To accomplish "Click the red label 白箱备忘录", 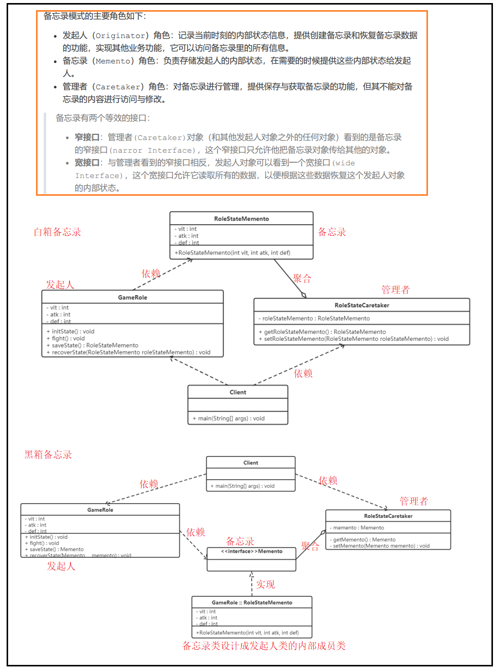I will pyautogui.click(x=57, y=232).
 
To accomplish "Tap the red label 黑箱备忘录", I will pyautogui.click(x=48, y=455).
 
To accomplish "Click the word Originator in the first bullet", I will pyautogui.click(x=120, y=36).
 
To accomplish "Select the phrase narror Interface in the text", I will pyautogui.click(x=152, y=150).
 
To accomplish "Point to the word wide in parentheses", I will pyautogui.click(x=345, y=163).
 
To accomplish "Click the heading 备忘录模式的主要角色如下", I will pyautogui.click(x=94, y=16).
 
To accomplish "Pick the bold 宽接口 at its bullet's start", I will pyautogui.click(x=87, y=163).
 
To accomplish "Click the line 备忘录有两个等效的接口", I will pyautogui.click(x=103, y=118).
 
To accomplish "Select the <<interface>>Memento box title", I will pyautogui.click(x=251, y=551).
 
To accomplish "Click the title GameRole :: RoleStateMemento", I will pyautogui.click(x=252, y=603).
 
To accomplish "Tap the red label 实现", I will pyautogui.click(x=266, y=585).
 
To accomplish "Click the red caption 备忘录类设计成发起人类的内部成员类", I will pyautogui.click(x=264, y=646).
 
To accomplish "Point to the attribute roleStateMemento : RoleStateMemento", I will pyautogui.click(x=316, y=319).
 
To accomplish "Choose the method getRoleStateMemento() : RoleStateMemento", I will pyautogui.click(x=324, y=332).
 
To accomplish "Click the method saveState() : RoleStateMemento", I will pyautogui.click(x=94, y=345).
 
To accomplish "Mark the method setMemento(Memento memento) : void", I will pyautogui.click(x=381, y=546).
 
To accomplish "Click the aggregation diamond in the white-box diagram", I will pyautogui.click(x=304, y=295).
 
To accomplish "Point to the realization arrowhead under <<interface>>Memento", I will pyautogui.click(x=252, y=575).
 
